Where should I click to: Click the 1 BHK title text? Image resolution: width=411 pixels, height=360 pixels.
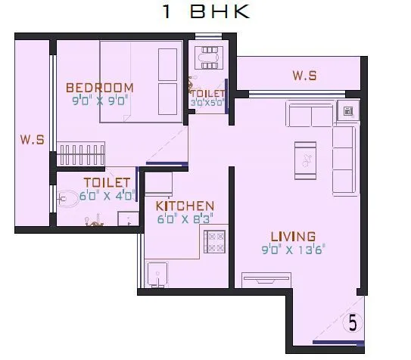coord(205,12)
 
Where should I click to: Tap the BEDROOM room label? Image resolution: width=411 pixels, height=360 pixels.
coord(99,87)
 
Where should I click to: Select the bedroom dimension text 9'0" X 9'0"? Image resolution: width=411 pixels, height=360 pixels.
coord(99,98)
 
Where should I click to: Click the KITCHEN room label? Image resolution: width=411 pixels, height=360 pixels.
coord(185,205)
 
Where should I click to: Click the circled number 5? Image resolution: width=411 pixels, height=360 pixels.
coord(352,322)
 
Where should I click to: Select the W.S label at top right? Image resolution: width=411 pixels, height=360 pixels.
coord(304,76)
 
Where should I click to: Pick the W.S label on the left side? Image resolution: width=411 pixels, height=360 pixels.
coord(31,139)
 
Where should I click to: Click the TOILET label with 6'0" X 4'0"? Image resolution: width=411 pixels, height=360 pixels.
coord(107,182)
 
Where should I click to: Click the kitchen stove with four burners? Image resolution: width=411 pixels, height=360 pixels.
coord(213,242)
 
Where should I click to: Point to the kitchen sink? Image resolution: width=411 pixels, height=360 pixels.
coord(158,274)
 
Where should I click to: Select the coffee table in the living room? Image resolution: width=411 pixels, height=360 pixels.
coord(306,159)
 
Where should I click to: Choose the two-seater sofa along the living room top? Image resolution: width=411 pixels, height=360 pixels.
coord(310,116)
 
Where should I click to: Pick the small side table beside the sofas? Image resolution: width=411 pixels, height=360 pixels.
coord(348,112)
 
